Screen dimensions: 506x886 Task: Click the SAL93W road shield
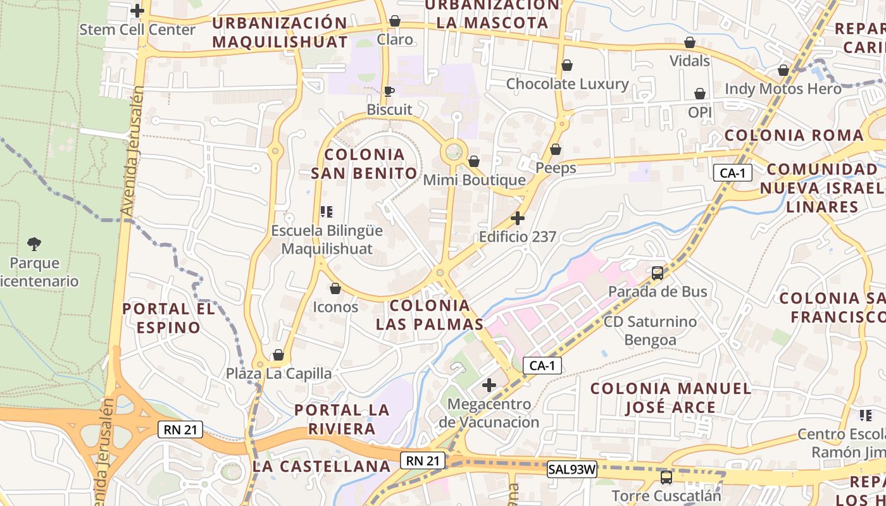click(x=572, y=470)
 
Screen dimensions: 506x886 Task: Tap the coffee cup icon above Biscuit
click(x=389, y=91)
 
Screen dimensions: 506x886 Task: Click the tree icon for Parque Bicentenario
click(x=34, y=244)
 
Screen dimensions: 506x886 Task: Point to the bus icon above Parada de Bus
click(x=658, y=273)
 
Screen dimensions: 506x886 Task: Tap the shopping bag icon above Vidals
click(x=690, y=42)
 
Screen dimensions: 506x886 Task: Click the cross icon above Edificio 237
click(x=518, y=219)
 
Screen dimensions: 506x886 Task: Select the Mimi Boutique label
click(x=474, y=180)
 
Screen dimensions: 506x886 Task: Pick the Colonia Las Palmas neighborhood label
click(x=430, y=315)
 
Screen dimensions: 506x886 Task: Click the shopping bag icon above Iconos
click(x=335, y=288)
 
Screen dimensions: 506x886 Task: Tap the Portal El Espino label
click(x=169, y=318)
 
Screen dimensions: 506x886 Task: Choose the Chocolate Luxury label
click(x=567, y=84)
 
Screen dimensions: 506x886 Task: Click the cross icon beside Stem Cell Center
click(x=137, y=11)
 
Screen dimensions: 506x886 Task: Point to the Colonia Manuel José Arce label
click(x=671, y=398)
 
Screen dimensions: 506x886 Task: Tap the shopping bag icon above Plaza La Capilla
click(x=278, y=355)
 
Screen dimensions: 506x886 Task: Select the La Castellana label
click(x=321, y=467)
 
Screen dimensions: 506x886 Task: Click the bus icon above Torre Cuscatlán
click(x=666, y=477)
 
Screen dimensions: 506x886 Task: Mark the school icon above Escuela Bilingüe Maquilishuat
click(x=327, y=212)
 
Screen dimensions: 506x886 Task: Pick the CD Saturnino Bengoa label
click(x=650, y=331)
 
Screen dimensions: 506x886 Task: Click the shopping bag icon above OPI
click(x=700, y=94)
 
